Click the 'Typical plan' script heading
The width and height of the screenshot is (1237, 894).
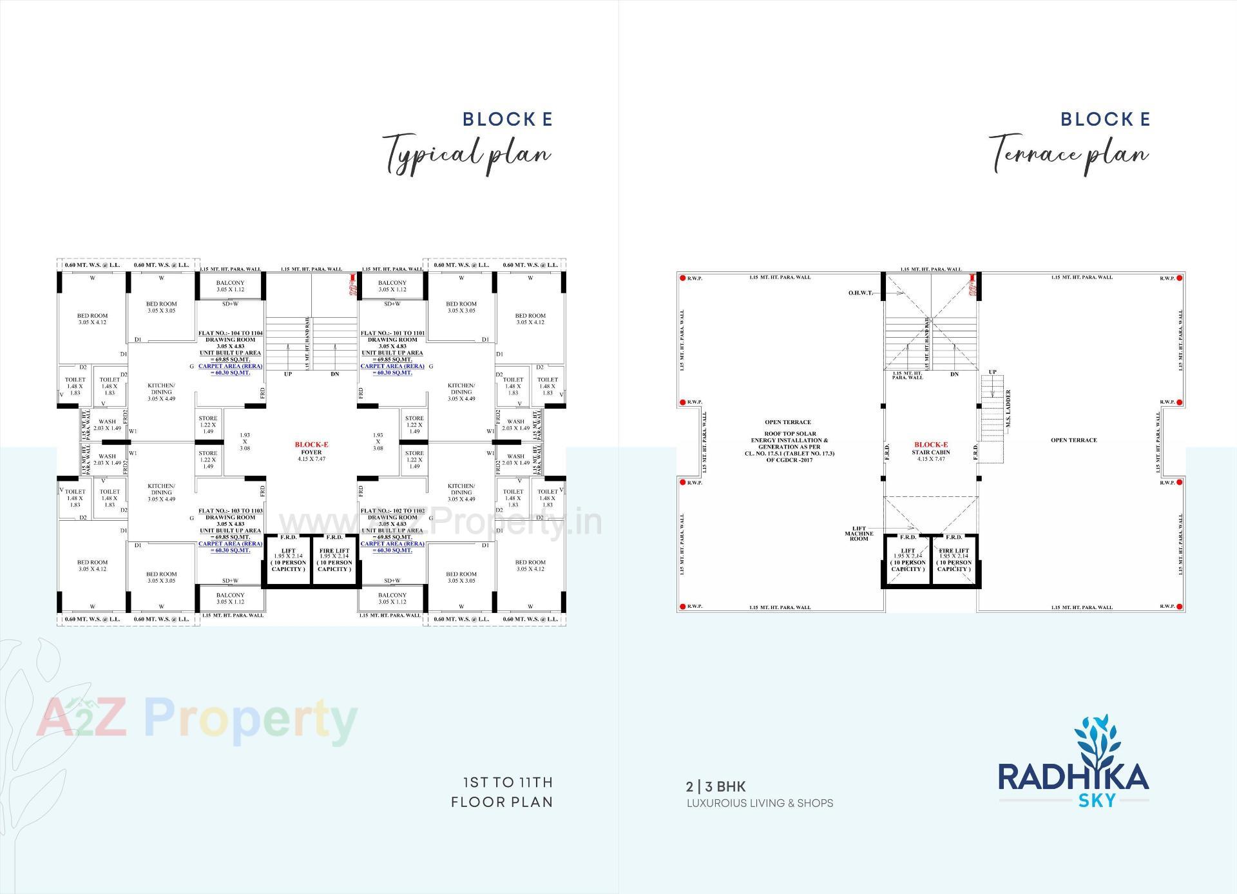tap(467, 153)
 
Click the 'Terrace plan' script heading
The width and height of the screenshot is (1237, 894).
tap(1068, 153)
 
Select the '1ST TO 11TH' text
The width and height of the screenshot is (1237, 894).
tap(508, 782)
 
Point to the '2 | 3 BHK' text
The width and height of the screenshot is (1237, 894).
tap(716, 786)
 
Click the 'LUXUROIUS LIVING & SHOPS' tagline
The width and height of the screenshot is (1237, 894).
tap(760, 803)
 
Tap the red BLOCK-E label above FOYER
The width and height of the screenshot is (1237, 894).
tap(311, 445)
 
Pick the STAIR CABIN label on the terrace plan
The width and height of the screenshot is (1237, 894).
tap(931, 452)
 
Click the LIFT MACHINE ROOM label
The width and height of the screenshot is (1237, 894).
tap(859, 534)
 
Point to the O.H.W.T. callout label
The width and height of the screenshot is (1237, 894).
tap(861, 293)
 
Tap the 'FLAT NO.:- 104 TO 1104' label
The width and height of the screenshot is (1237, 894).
tap(230, 333)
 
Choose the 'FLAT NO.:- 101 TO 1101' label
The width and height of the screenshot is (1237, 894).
tap(392, 333)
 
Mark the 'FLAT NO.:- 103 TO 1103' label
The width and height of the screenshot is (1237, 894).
tap(230, 510)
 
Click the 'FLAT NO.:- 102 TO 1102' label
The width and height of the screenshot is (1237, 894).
tap(392, 510)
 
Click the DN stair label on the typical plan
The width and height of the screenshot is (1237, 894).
tap(335, 374)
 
